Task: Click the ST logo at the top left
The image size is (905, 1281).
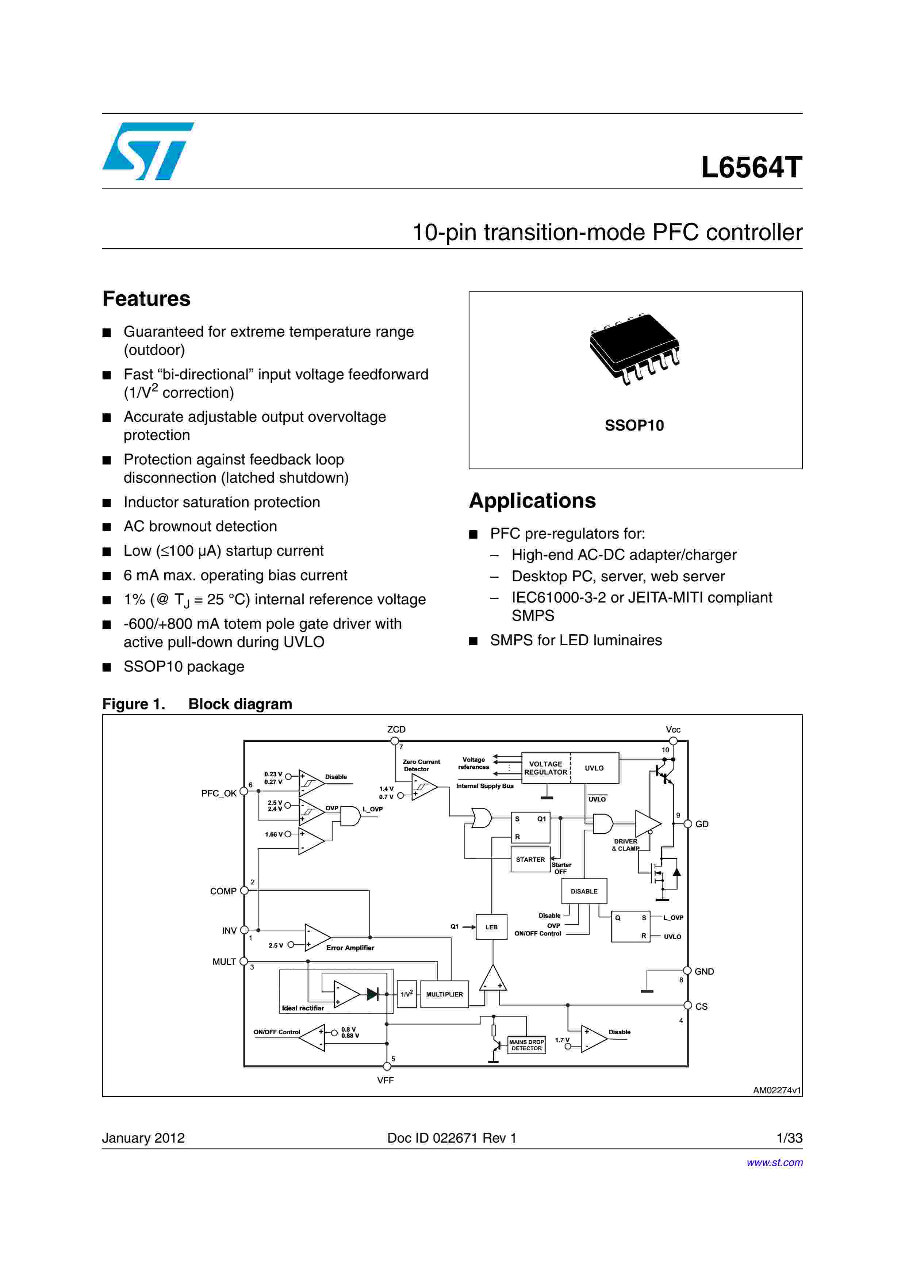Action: point(148,151)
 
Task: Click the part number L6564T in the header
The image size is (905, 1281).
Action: point(751,167)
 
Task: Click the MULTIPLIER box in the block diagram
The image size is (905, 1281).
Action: point(444,994)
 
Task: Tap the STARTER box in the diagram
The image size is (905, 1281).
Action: point(530,860)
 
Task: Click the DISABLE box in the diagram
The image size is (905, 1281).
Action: point(584,891)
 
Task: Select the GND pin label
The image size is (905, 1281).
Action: point(704,971)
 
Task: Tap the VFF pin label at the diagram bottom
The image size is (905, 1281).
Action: point(385,1080)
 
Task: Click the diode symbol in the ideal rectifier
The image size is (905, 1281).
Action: point(372,994)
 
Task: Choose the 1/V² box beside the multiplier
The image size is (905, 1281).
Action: point(406,994)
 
